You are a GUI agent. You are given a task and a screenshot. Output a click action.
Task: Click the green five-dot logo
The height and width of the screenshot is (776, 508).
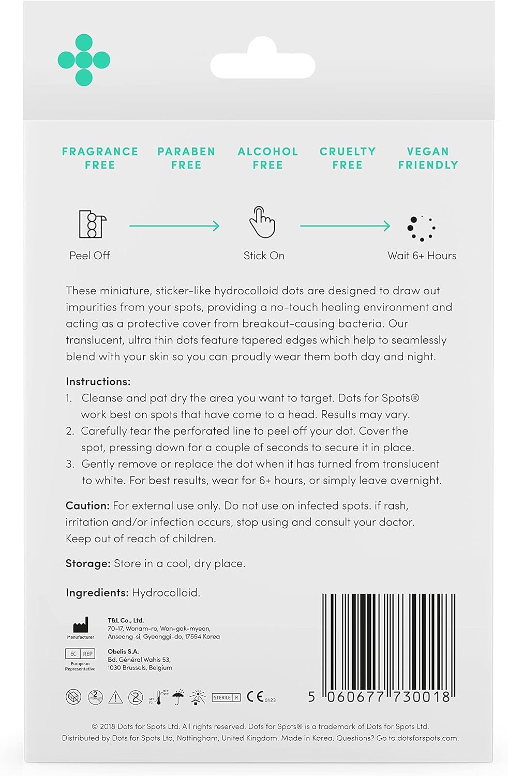(x=84, y=60)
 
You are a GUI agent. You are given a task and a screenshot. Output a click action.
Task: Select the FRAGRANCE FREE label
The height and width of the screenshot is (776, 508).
(x=100, y=158)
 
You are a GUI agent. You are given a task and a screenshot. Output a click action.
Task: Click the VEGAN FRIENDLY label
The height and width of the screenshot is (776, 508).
(x=428, y=158)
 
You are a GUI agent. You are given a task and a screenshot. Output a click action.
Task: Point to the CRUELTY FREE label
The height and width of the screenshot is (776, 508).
(x=347, y=158)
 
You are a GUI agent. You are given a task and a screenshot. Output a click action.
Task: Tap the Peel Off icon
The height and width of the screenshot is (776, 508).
(x=92, y=224)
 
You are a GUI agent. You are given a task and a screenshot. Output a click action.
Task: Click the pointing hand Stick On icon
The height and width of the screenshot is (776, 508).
(x=262, y=222)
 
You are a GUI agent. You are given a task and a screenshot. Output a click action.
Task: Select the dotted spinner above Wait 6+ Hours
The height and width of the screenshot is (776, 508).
(x=421, y=228)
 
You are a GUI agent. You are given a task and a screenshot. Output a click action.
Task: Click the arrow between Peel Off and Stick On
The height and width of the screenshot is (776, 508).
(x=174, y=226)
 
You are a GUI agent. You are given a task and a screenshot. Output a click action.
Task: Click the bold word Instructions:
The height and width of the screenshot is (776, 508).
(x=98, y=382)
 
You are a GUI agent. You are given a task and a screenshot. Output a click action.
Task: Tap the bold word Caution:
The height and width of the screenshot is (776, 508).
(x=87, y=505)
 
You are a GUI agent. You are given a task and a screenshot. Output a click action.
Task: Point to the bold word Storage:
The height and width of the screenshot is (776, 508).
(x=88, y=563)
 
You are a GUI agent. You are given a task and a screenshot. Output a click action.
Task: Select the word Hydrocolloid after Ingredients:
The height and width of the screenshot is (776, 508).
(x=166, y=593)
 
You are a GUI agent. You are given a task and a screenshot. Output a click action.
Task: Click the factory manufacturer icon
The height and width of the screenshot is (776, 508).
(x=81, y=625)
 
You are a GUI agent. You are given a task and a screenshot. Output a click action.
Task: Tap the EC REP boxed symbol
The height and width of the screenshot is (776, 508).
(x=80, y=654)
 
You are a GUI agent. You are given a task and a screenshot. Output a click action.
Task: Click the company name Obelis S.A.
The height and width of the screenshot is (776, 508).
(x=123, y=651)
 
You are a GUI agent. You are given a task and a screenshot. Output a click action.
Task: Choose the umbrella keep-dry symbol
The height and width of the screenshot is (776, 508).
(x=178, y=697)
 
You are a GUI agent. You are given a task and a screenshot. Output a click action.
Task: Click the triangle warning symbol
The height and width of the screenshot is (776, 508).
(x=115, y=697)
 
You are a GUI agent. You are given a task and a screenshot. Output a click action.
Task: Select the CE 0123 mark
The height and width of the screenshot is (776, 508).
(x=260, y=697)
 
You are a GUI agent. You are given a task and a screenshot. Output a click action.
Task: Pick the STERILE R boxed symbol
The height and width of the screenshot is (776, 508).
(x=226, y=697)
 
